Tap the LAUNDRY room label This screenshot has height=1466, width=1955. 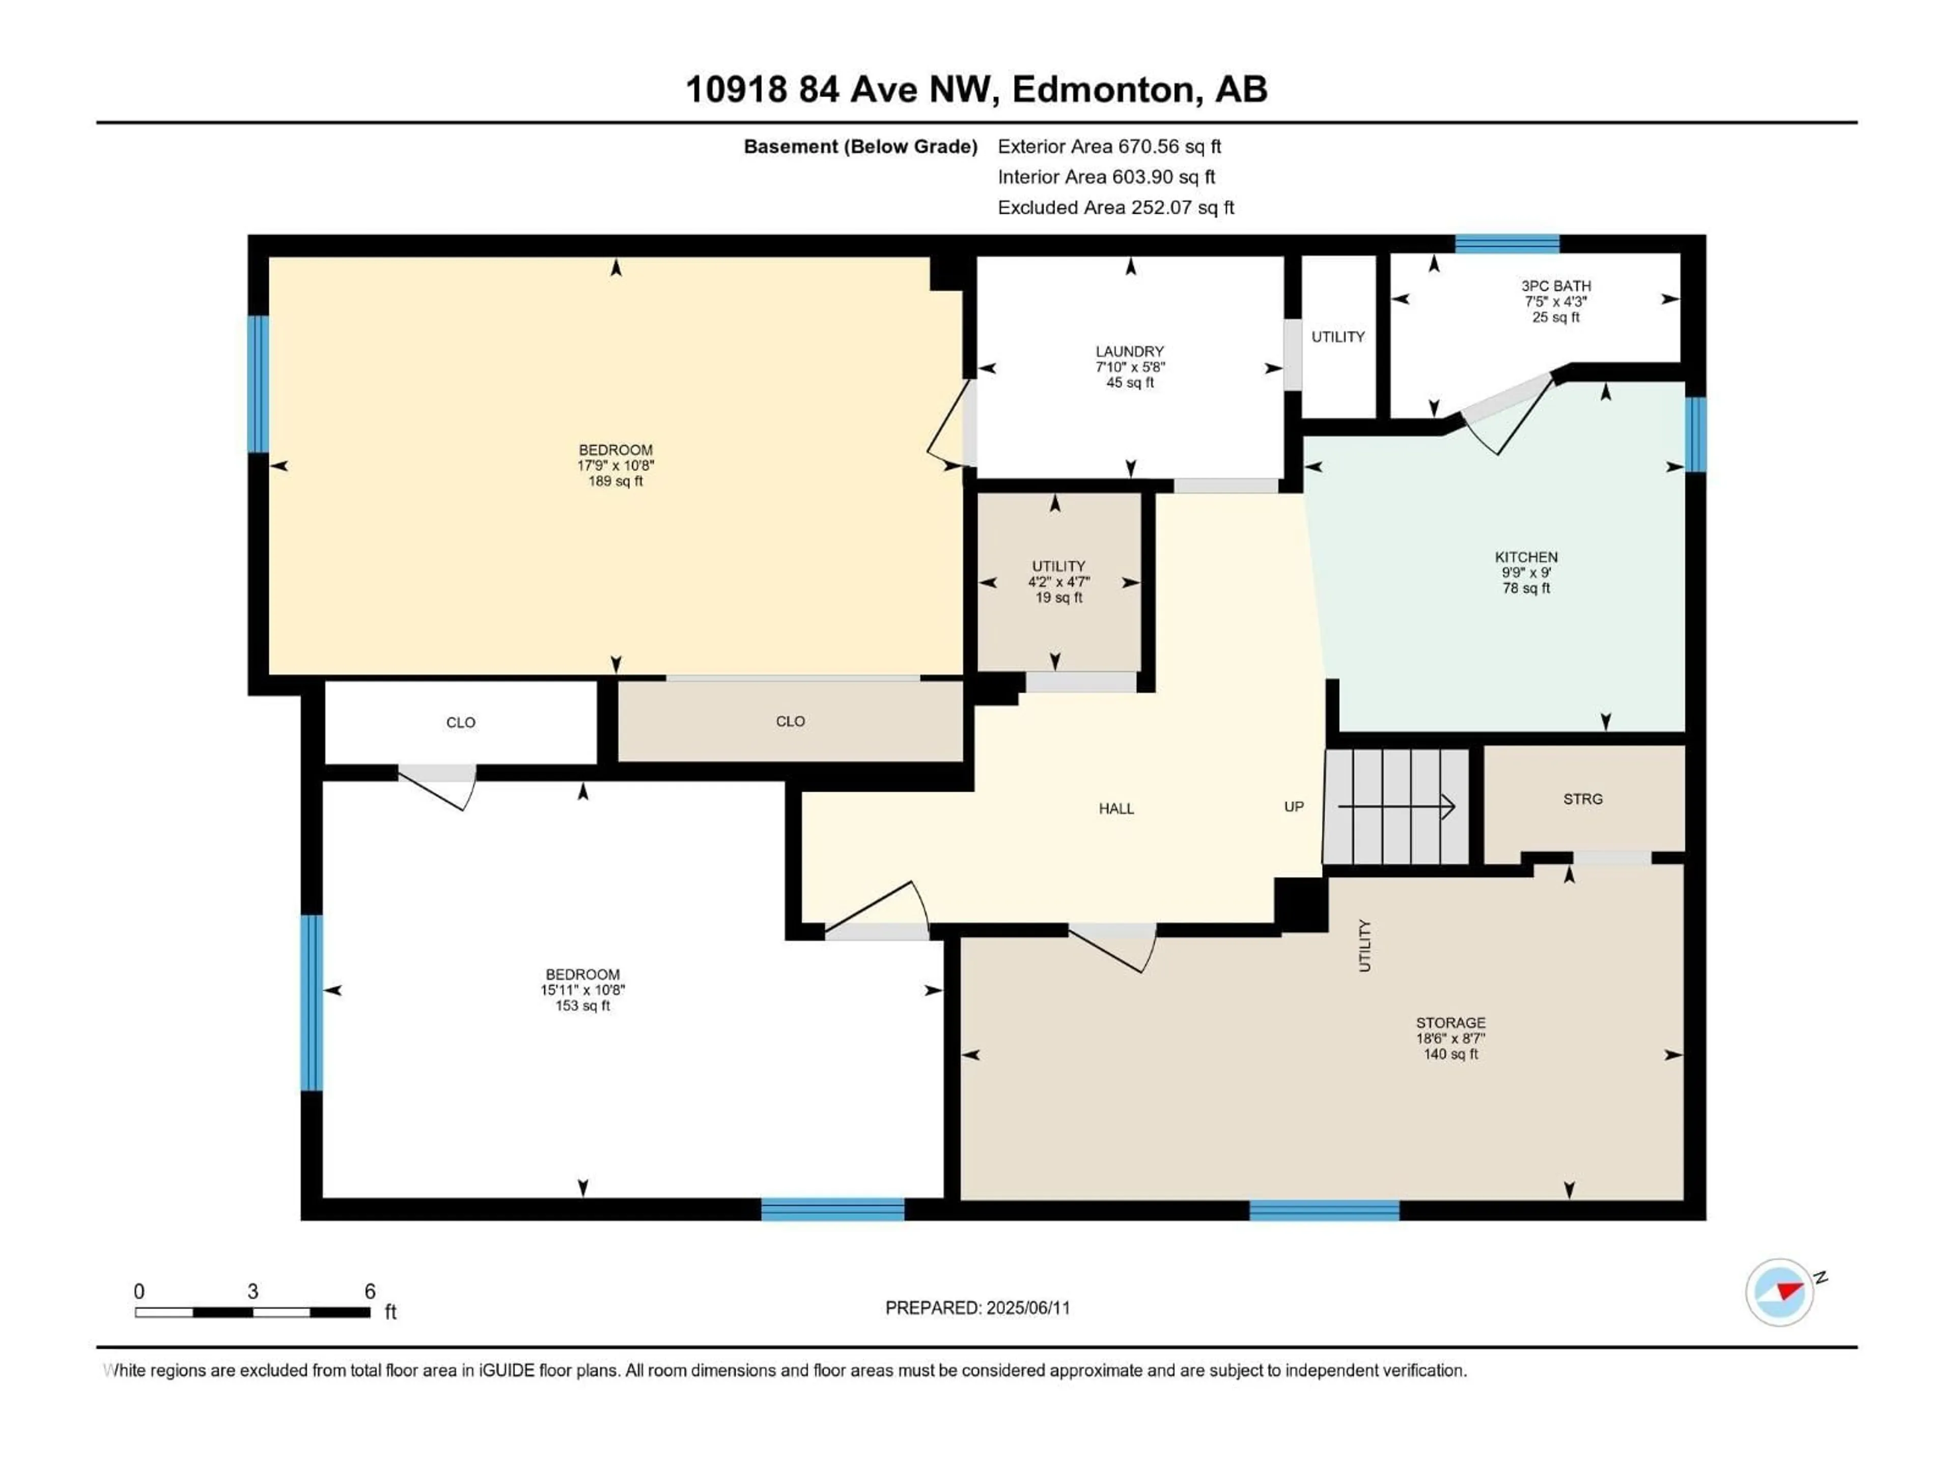pyautogui.click(x=1130, y=351)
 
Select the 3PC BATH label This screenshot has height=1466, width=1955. pyautogui.click(x=1555, y=286)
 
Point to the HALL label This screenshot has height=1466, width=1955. pyautogui.click(x=1116, y=808)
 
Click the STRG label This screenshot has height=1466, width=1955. pyautogui.click(x=1582, y=799)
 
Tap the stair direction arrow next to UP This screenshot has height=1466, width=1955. pyautogui.click(x=1397, y=806)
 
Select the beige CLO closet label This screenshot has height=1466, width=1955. pyautogui.click(x=790, y=722)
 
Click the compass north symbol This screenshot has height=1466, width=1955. pyautogui.click(x=1780, y=1292)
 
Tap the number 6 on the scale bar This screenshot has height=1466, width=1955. pyautogui.click(x=370, y=1291)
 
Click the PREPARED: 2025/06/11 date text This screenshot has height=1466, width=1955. pyautogui.click(x=978, y=1308)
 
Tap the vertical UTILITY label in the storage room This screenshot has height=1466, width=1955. pyautogui.click(x=1364, y=946)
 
